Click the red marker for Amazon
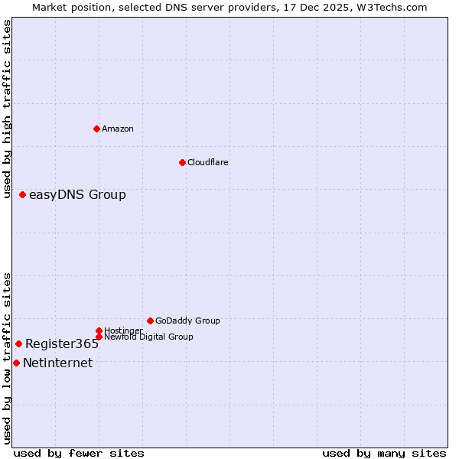point(96,129)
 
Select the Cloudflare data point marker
point(182,162)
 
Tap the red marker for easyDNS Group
point(23,195)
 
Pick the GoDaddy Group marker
point(150,321)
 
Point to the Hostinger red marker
point(99,330)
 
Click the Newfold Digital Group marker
point(99,337)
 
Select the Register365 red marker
point(18,343)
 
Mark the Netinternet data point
point(16,363)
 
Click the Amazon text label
point(118,129)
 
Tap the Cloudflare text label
point(208,163)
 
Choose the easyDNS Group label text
point(77,195)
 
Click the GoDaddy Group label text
point(187,321)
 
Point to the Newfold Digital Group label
point(148,337)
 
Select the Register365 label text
point(62,344)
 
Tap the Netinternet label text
point(58,363)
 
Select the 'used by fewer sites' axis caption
point(79,454)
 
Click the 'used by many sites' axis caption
point(384,454)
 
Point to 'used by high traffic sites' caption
point(8,109)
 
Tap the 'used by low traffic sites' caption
point(8,358)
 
